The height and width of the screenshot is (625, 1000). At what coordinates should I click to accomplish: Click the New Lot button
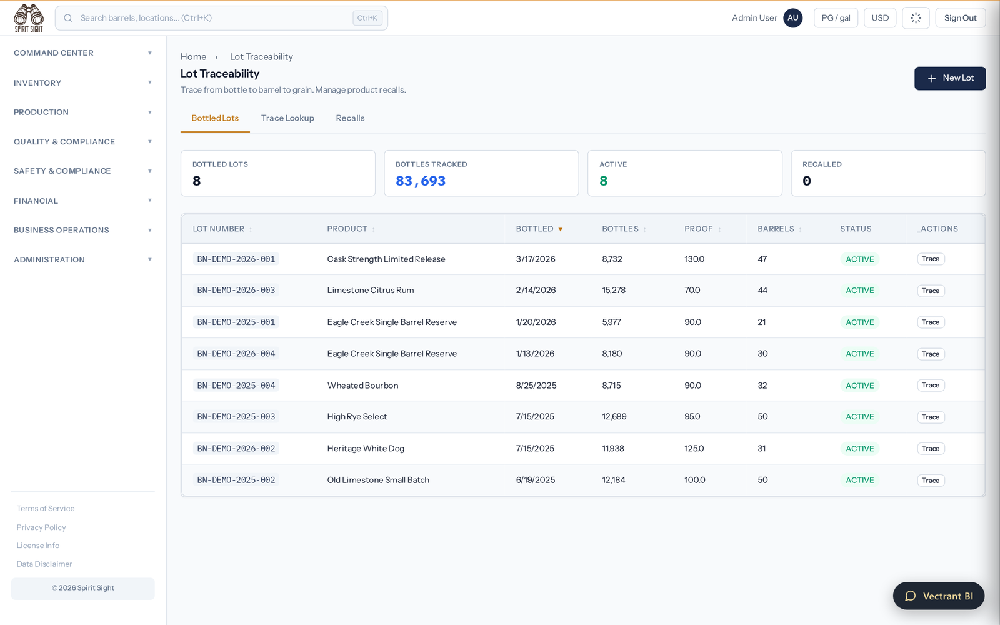pyautogui.click(x=949, y=78)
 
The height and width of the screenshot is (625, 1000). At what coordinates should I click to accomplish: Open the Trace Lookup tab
pyautogui.click(x=287, y=118)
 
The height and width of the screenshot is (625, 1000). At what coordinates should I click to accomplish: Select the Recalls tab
pyautogui.click(x=350, y=118)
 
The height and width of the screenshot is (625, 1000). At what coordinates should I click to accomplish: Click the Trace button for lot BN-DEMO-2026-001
pyautogui.click(x=931, y=259)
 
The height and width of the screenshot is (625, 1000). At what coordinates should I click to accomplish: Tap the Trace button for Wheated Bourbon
pyautogui.click(x=931, y=385)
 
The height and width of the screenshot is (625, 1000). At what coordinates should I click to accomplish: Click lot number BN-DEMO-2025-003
pyautogui.click(x=236, y=416)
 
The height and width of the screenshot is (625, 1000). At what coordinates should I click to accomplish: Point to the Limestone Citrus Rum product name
pyautogui.click(x=371, y=290)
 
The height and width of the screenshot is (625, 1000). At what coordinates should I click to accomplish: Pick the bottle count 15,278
pyautogui.click(x=614, y=290)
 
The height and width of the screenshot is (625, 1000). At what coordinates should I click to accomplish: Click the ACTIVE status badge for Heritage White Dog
pyautogui.click(x=860, y=449)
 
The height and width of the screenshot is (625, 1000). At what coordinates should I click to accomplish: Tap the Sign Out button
pyautogui.click(x=960, y=18)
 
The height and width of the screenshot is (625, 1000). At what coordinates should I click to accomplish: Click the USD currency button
pyautogui.click(x=880, y=18)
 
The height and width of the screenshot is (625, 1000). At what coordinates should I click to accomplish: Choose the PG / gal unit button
pyautogui.click(x=836, y=18)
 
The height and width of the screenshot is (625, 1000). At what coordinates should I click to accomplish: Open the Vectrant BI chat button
pyautogui.click(x=938, y=596)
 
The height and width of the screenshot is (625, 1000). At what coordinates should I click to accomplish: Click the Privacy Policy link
pyautogui.click(x=41, y=527)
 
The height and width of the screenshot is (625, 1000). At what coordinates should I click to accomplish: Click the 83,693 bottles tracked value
pyautogui.click(x=421, y=181)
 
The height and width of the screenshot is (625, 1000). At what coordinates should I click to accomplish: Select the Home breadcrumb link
pyautogui.click(x=193, y=57)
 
